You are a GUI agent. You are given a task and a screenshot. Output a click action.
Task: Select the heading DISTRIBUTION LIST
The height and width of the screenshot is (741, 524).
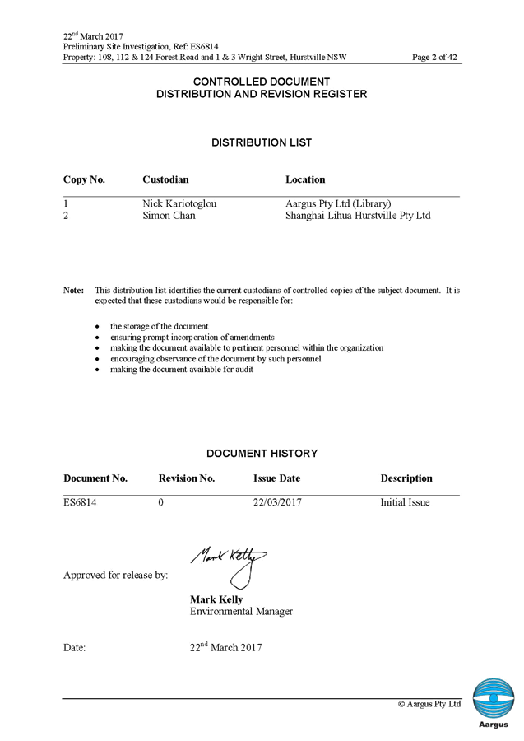pyautogui.click(x=262, y=142)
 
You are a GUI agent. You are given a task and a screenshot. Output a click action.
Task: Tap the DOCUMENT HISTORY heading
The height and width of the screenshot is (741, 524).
pyautogui.click(x=262, y=453)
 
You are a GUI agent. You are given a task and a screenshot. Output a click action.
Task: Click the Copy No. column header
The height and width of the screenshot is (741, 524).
pyautogui.click(x=84, y=179)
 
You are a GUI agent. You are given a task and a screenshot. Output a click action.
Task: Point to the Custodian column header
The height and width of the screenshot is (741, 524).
pyautogui.click(x=166, y=179)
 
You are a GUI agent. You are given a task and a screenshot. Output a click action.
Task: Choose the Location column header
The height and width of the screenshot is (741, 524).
pyautogui.click(x=305, y=179)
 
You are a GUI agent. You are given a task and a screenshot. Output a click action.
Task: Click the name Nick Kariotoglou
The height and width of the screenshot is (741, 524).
pyautogui.click(x=180, y=203)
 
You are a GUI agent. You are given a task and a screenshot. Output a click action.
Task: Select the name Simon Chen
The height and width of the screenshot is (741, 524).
pyautogui.click(x=169, y=216)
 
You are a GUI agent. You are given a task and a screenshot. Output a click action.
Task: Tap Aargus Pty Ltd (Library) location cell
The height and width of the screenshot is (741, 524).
pyautogui.click(x=338, y=203)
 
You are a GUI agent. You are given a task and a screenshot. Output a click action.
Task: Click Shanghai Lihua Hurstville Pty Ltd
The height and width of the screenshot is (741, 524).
pyautogui.click(x=358, y=216)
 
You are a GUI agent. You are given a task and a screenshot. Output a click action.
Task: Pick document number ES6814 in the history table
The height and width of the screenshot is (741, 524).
pyautogui.click(x=81, y=502)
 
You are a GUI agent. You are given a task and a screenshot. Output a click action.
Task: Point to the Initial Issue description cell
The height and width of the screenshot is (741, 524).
pyautogui.click(x=406, y=502)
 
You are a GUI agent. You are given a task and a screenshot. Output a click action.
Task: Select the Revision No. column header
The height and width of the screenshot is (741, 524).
pyautogui.click(x=186, y=478)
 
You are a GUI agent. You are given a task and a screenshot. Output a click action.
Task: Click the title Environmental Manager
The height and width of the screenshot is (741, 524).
pyautogui.click(x=241, y=612)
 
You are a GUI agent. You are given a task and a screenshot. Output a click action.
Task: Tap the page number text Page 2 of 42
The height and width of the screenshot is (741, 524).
pyautogui.click(x=434, y=58)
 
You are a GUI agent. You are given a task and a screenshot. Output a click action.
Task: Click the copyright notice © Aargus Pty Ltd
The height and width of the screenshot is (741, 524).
pyautogui.click(x=429, y=705)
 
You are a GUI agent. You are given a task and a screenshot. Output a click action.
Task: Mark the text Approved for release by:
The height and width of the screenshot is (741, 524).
pyautogui.click(x=116, y=576)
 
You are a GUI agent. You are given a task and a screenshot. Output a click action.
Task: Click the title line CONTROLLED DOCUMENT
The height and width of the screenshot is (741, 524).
pyautogui.click(x=262, y=82)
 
